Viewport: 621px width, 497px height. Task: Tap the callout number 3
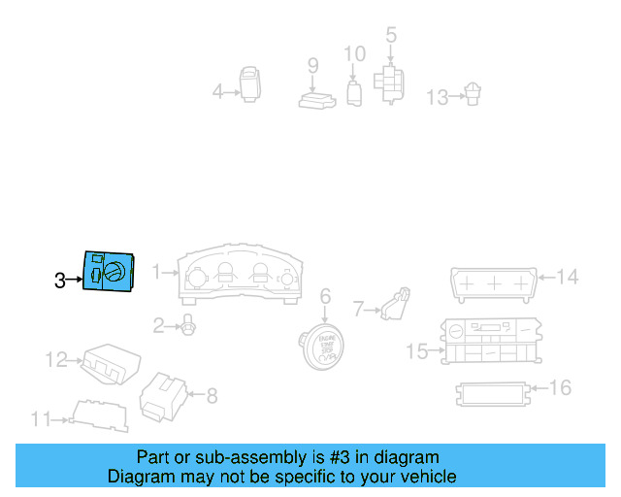coord(60,282)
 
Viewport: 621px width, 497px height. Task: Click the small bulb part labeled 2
coord(188,328)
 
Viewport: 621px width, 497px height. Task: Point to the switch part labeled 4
coord(251,83)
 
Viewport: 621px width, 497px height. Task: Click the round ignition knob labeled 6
coord(321,345)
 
